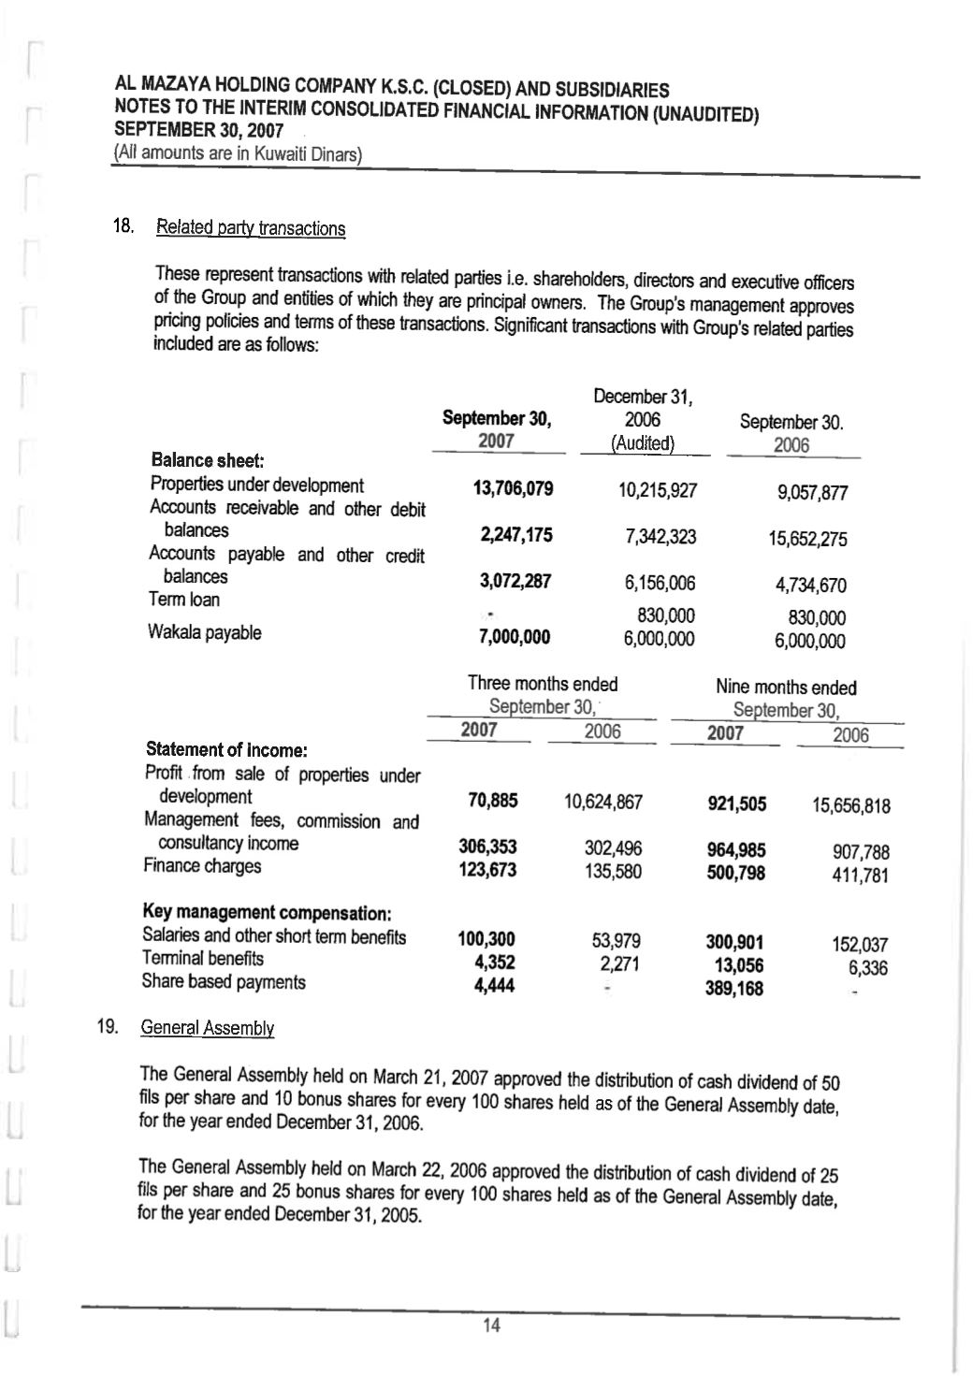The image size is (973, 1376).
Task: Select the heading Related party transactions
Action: (x=251, y=228)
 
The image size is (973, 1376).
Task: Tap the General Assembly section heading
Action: (x=207, y=1028)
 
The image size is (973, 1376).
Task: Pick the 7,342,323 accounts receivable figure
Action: (x=660, y=536)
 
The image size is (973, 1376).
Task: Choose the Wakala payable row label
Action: (x=204, y=632)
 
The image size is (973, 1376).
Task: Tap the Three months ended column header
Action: (x=543, y=684)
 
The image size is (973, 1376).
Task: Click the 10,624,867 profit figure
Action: (x=603, y=802)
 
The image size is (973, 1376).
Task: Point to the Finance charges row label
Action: (x=202, y=866)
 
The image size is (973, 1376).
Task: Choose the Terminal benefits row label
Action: (x=202, y=959)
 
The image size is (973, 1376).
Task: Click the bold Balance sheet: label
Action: (x=207, y=460)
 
